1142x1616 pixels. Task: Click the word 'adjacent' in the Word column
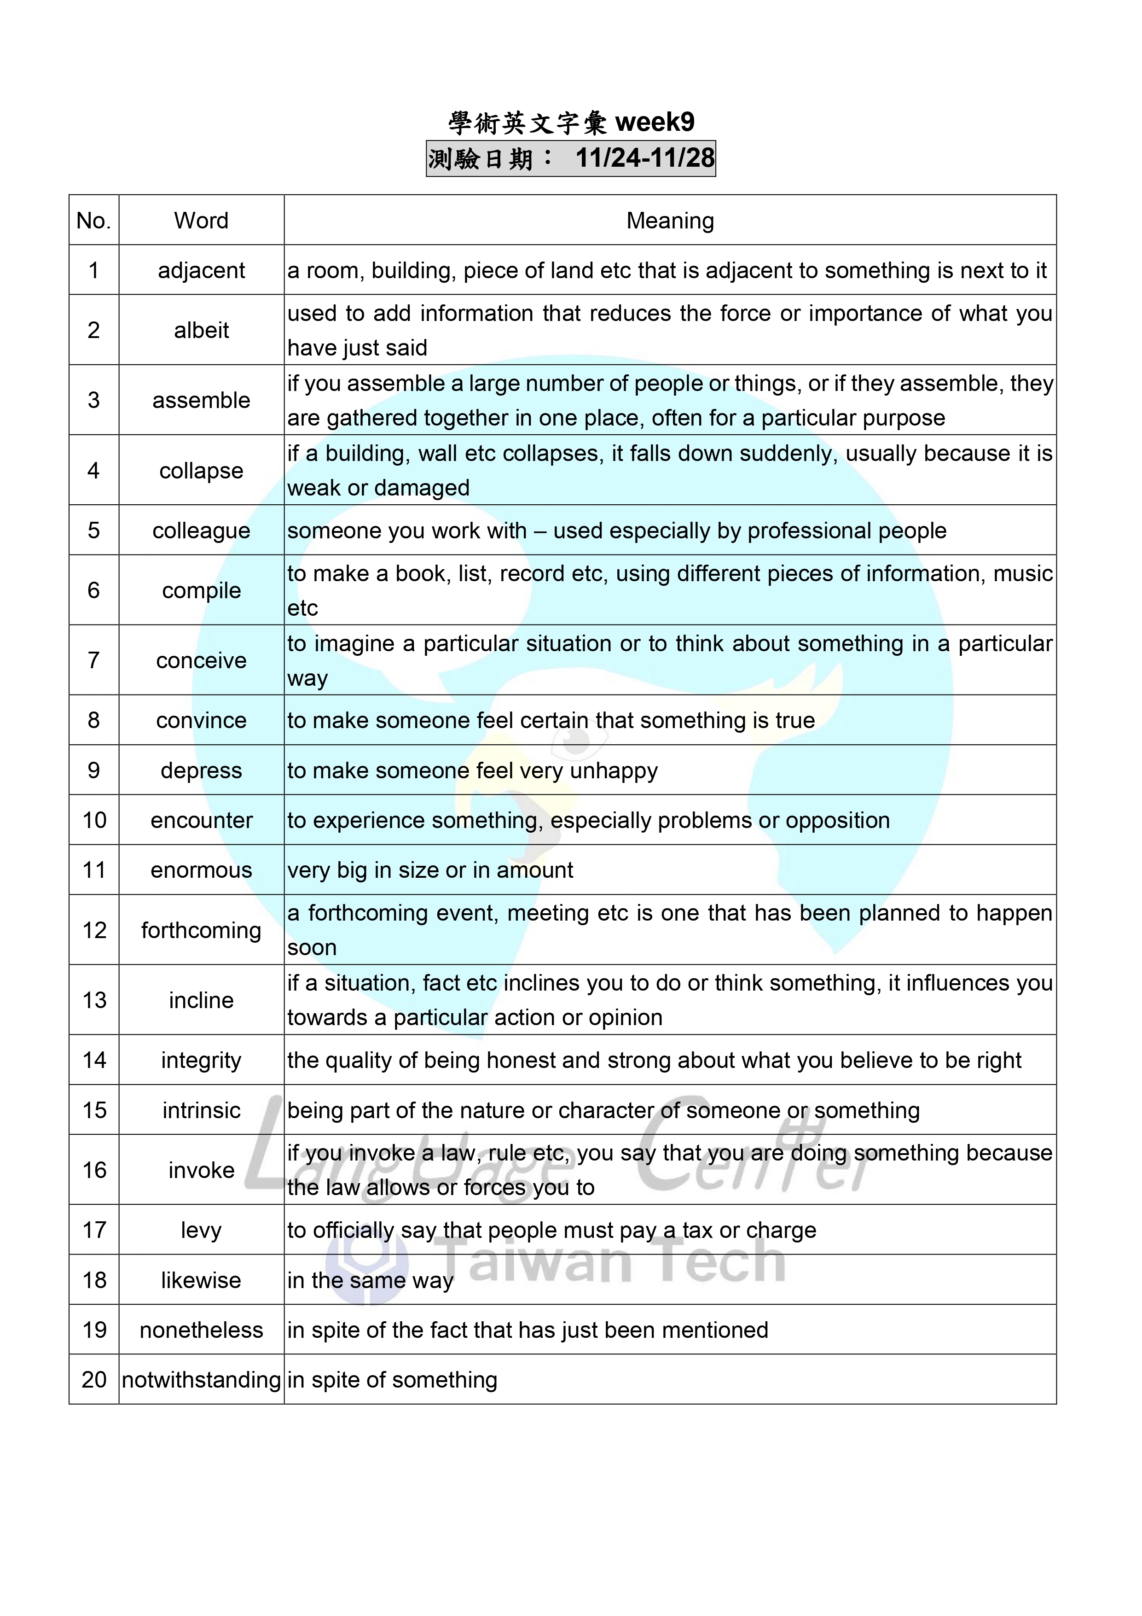click(201, 270)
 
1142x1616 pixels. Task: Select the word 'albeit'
click(201, 330)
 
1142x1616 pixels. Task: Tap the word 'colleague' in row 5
click(201, 531)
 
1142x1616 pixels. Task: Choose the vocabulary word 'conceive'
click(201, 661)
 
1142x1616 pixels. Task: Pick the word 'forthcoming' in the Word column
click(201, 930)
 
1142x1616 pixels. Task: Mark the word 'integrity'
click(201, 1061)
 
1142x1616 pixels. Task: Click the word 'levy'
click(201, 1230)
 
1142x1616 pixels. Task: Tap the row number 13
click(94, 1000)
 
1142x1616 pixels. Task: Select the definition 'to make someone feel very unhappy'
click(472, 770)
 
